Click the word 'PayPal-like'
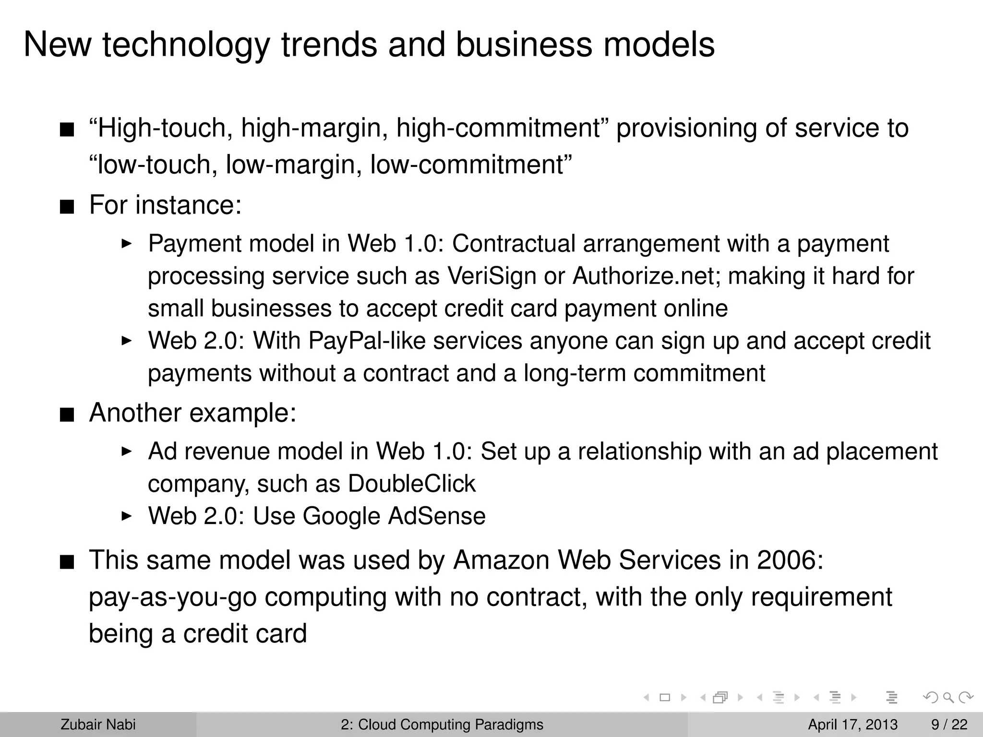coord(367,341)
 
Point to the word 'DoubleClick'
coord(411,484)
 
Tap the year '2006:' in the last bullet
coord(790,560)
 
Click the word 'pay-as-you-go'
coord(173,597)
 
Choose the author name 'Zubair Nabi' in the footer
coord(98,725)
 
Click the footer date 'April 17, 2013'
coord(852,725)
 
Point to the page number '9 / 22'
coord(949,725)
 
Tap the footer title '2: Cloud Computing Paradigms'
coord(442,725)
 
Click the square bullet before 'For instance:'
coord(67,207)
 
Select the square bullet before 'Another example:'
coord(67,415)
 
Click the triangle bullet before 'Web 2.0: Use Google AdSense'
coord(126,516)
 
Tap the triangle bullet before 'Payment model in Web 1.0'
coord(126,244)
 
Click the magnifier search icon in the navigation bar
coord(948,697)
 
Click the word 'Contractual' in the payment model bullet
coord(514,244)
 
